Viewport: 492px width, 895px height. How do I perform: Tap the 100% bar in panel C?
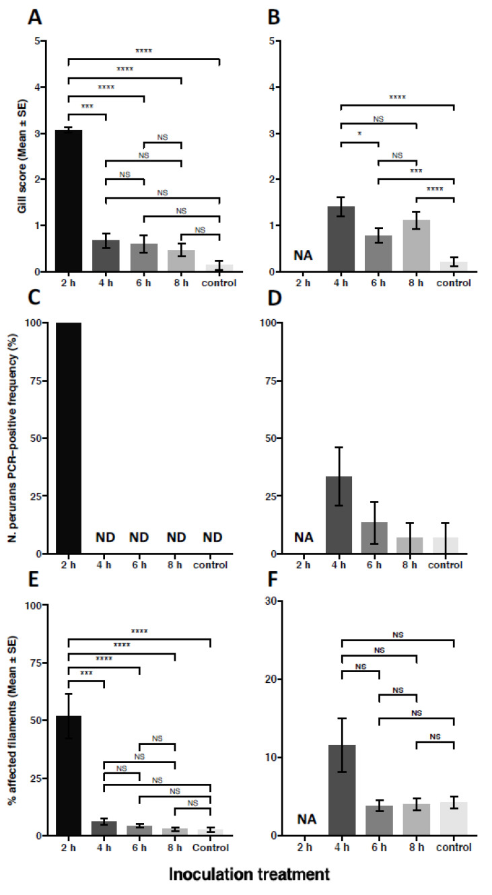[x=68, y=438]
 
